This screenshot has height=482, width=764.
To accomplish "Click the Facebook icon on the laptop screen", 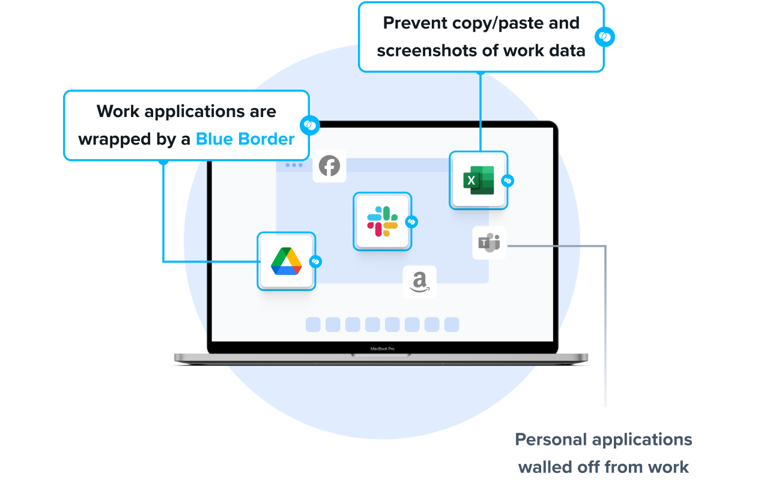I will click(329, 166).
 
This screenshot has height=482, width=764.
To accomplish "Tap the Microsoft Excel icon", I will click(478, 180).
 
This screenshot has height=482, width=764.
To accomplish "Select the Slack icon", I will click(382, 221).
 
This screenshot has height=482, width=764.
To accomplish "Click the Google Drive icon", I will click(286, 261).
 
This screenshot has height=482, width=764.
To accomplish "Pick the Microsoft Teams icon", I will click(489, 243).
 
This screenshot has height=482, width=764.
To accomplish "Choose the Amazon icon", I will click(419, 282).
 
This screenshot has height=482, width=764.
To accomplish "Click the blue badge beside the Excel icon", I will click(508, 180).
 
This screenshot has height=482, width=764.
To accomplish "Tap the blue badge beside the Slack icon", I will click(411, 221).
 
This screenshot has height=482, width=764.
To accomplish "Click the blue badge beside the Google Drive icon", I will click(315, 262).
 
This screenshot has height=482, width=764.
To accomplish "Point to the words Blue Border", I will click(245, 139).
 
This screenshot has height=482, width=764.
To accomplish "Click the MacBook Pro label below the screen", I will click(382, 349).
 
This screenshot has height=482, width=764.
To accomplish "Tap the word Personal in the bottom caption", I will click(550, 439).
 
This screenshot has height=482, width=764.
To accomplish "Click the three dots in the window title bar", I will click(294, 164).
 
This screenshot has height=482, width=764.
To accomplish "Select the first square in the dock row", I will click(313, 325).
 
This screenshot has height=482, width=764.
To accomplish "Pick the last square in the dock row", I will click(452, 325).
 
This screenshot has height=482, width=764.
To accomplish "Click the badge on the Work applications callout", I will click(311, 125).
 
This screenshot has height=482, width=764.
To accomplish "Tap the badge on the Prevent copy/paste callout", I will click(605, 37).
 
